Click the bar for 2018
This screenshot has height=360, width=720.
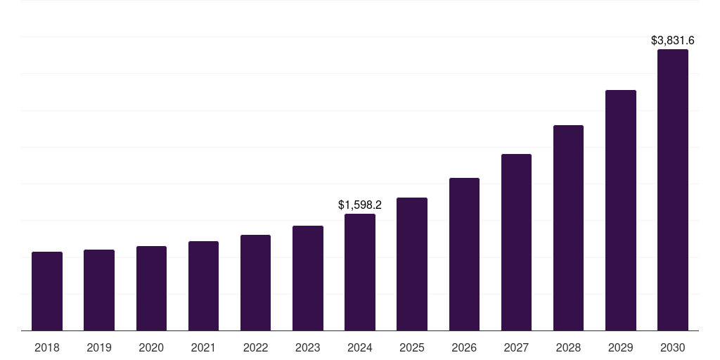click(47, 291)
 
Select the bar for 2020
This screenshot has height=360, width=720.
click(151, 288)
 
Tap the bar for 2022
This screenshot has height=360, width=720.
click(255, 283)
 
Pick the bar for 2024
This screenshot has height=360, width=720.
click(360, 272)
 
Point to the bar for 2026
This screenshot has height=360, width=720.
click(464, 254)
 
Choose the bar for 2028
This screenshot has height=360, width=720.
click(568, 228)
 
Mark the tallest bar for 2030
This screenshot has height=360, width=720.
click(673, 190)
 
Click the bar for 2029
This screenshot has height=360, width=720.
click(621, 210)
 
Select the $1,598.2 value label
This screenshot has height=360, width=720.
click(360, 205)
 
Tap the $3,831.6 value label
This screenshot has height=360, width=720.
click(673, 41)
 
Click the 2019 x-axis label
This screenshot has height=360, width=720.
click(99, 347)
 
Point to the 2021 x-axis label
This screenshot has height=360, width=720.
click(203, 347)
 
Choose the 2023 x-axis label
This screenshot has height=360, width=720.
click(308, 347)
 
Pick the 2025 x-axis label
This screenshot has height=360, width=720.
click(412, 347)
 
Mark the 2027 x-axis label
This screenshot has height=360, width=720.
click(516, 347)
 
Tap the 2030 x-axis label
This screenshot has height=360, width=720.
click(673, 347)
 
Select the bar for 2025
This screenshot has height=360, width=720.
click(412, 264)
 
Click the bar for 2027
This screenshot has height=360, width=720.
click(516, 242)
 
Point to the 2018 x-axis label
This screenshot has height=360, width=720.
click(47, 347)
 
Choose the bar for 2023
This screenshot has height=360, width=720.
click(308, 278)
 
